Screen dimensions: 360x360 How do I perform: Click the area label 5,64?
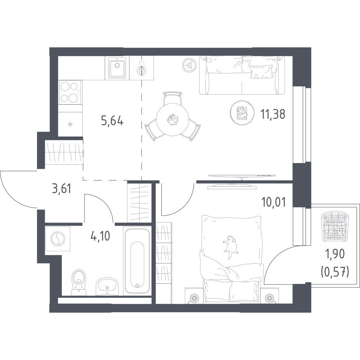coord(112,121)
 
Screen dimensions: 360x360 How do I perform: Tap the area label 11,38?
coord(273,114)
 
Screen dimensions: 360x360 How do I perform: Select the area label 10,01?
coord(273,203)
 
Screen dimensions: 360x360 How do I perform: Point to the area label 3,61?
coord(62,189)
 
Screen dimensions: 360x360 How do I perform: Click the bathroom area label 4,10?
coord(100,236)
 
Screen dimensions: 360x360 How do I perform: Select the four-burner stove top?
coord(70,92)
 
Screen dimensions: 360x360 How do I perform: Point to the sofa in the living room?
coord(242,75)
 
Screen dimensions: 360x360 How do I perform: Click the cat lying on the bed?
coord(229,247)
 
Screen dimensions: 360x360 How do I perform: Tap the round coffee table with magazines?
coord(242,113)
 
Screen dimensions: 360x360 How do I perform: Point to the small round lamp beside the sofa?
coord(190,65)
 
